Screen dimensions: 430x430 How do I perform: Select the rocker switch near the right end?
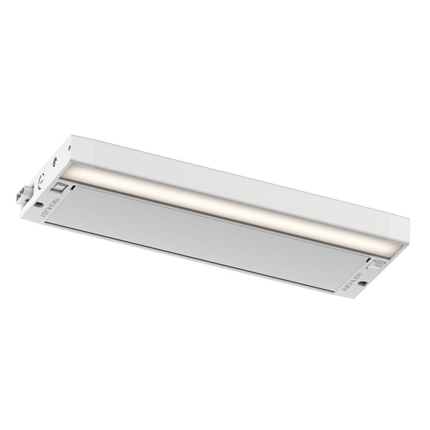(x=378, y=263)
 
